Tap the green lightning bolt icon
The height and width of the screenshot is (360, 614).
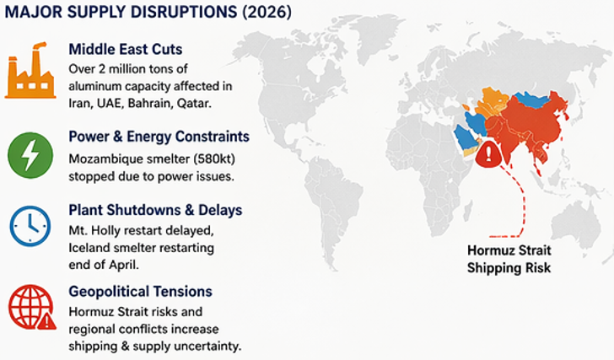pos(29,154)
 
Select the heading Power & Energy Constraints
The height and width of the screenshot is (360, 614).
pos(159,137)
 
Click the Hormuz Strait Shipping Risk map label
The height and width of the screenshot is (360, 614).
pos(509,259)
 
